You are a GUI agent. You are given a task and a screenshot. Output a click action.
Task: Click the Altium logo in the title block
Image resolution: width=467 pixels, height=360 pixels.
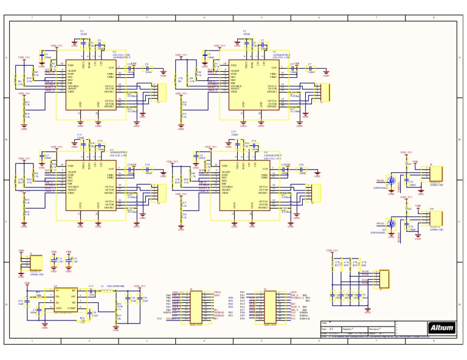[x=442, y=328]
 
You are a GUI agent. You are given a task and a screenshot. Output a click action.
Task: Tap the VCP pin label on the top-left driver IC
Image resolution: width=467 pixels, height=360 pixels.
[x=111, y=67]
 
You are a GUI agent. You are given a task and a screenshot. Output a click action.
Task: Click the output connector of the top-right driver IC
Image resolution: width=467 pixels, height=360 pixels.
[x=324, y=92]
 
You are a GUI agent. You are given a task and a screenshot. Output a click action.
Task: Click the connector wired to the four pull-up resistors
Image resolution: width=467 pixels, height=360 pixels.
[x=382, y=279]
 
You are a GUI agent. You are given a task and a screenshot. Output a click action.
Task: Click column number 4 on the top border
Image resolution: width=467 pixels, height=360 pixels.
[x=204, y=18]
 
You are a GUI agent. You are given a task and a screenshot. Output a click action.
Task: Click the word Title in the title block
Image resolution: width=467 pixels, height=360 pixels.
[x=324, y=322]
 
